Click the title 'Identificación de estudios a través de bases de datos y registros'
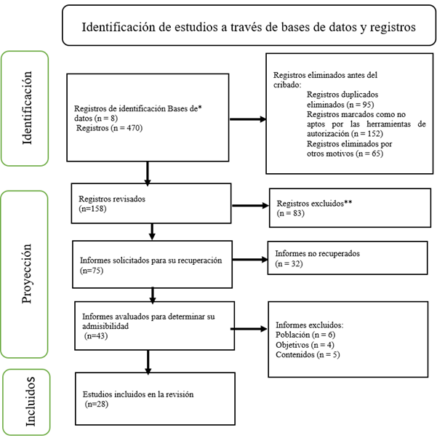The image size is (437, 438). [x=249, y=27]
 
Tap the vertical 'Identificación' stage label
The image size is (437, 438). [x=27, y=108]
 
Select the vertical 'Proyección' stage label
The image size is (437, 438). [x=26, y=274]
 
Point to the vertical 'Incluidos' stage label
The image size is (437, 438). [x=30, y=402]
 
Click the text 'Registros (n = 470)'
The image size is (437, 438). [x=109, y=128]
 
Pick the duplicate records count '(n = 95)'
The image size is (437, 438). [x=360, y=105]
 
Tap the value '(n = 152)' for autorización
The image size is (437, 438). [x=367, y=134]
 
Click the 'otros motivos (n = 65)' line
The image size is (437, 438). [x=345, y=154]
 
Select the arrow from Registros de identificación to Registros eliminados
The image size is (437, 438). [x=248, y=119]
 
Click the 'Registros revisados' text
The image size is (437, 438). [x=112, y=199]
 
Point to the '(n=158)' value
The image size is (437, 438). [x=92, y=209]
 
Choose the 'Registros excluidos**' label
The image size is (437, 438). [x=314, y=204]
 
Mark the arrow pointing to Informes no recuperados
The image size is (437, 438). [x=250, y=260]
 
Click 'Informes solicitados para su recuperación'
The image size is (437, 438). [x=151, y=260]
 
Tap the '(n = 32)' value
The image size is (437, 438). [x=289, y=263]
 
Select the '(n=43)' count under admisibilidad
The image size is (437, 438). [x=96, y=335]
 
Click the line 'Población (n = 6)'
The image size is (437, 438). [x=305, y=335]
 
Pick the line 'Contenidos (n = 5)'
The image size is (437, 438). [x=308, y=354]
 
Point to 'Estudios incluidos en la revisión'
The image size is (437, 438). [x=138, y=394]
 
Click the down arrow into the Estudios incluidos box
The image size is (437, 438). [x=148, y=362]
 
